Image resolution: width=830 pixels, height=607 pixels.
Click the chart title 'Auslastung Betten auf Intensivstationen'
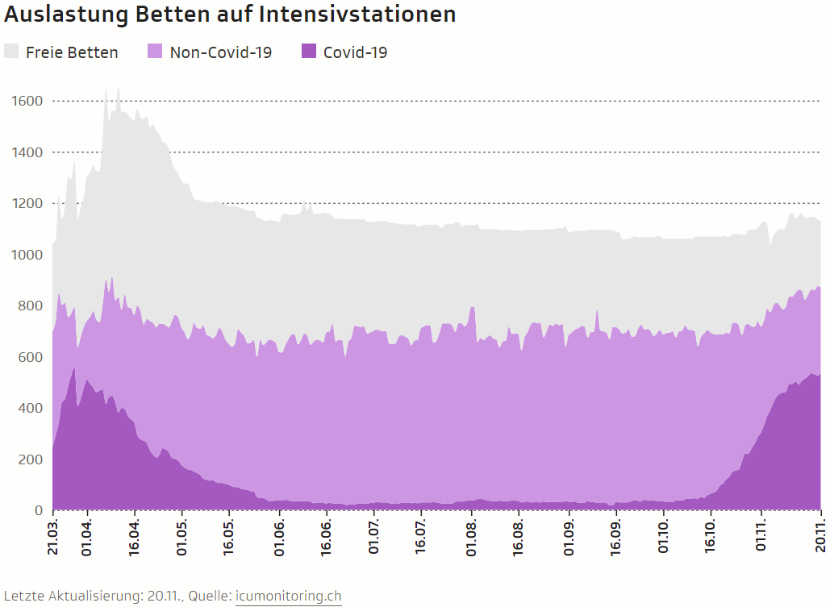pyautogui.click(x=230, y=15)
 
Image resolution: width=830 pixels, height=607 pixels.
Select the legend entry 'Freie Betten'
pyautogui.click(x=72, y=52)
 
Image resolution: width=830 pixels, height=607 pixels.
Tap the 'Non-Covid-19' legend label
pyautogui.click(x=220, y=52)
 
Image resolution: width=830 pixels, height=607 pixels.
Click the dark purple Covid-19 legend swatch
pyautogui.click(x=309, y=52)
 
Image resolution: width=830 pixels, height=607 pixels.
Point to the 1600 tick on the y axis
pyautogui.click(x=27, y=101)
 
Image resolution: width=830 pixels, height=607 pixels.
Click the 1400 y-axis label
pyautogui.click(x=27, y=152)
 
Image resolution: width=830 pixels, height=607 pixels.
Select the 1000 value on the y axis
pyautogui.click(x=27, y=255)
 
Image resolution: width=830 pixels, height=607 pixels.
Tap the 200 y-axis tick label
pyautogui.click(x=31, y=459)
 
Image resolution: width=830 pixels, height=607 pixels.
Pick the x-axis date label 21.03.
pyautogui.click(x=52, y=537)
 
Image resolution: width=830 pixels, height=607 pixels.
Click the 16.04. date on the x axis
pyautogui.click(x=135, y=537)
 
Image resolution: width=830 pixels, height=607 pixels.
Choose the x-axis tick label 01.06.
pyautogui.click(x=279, y=537)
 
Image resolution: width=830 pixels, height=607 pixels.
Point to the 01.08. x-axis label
pyautogui.click(x=471, y=537)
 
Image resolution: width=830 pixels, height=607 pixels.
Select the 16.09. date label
pyautogui.click(x=615, y=537)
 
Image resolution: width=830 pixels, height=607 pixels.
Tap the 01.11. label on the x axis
pyautogui.click(x=760, y=537)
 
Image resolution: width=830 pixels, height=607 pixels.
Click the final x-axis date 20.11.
pyautogui.click(x=820, y=537)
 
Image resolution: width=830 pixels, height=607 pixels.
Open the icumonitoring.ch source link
pyautogui.click(x=288, y=597)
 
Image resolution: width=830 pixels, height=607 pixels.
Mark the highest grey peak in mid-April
pyautogui.click(x=119, y=89)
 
